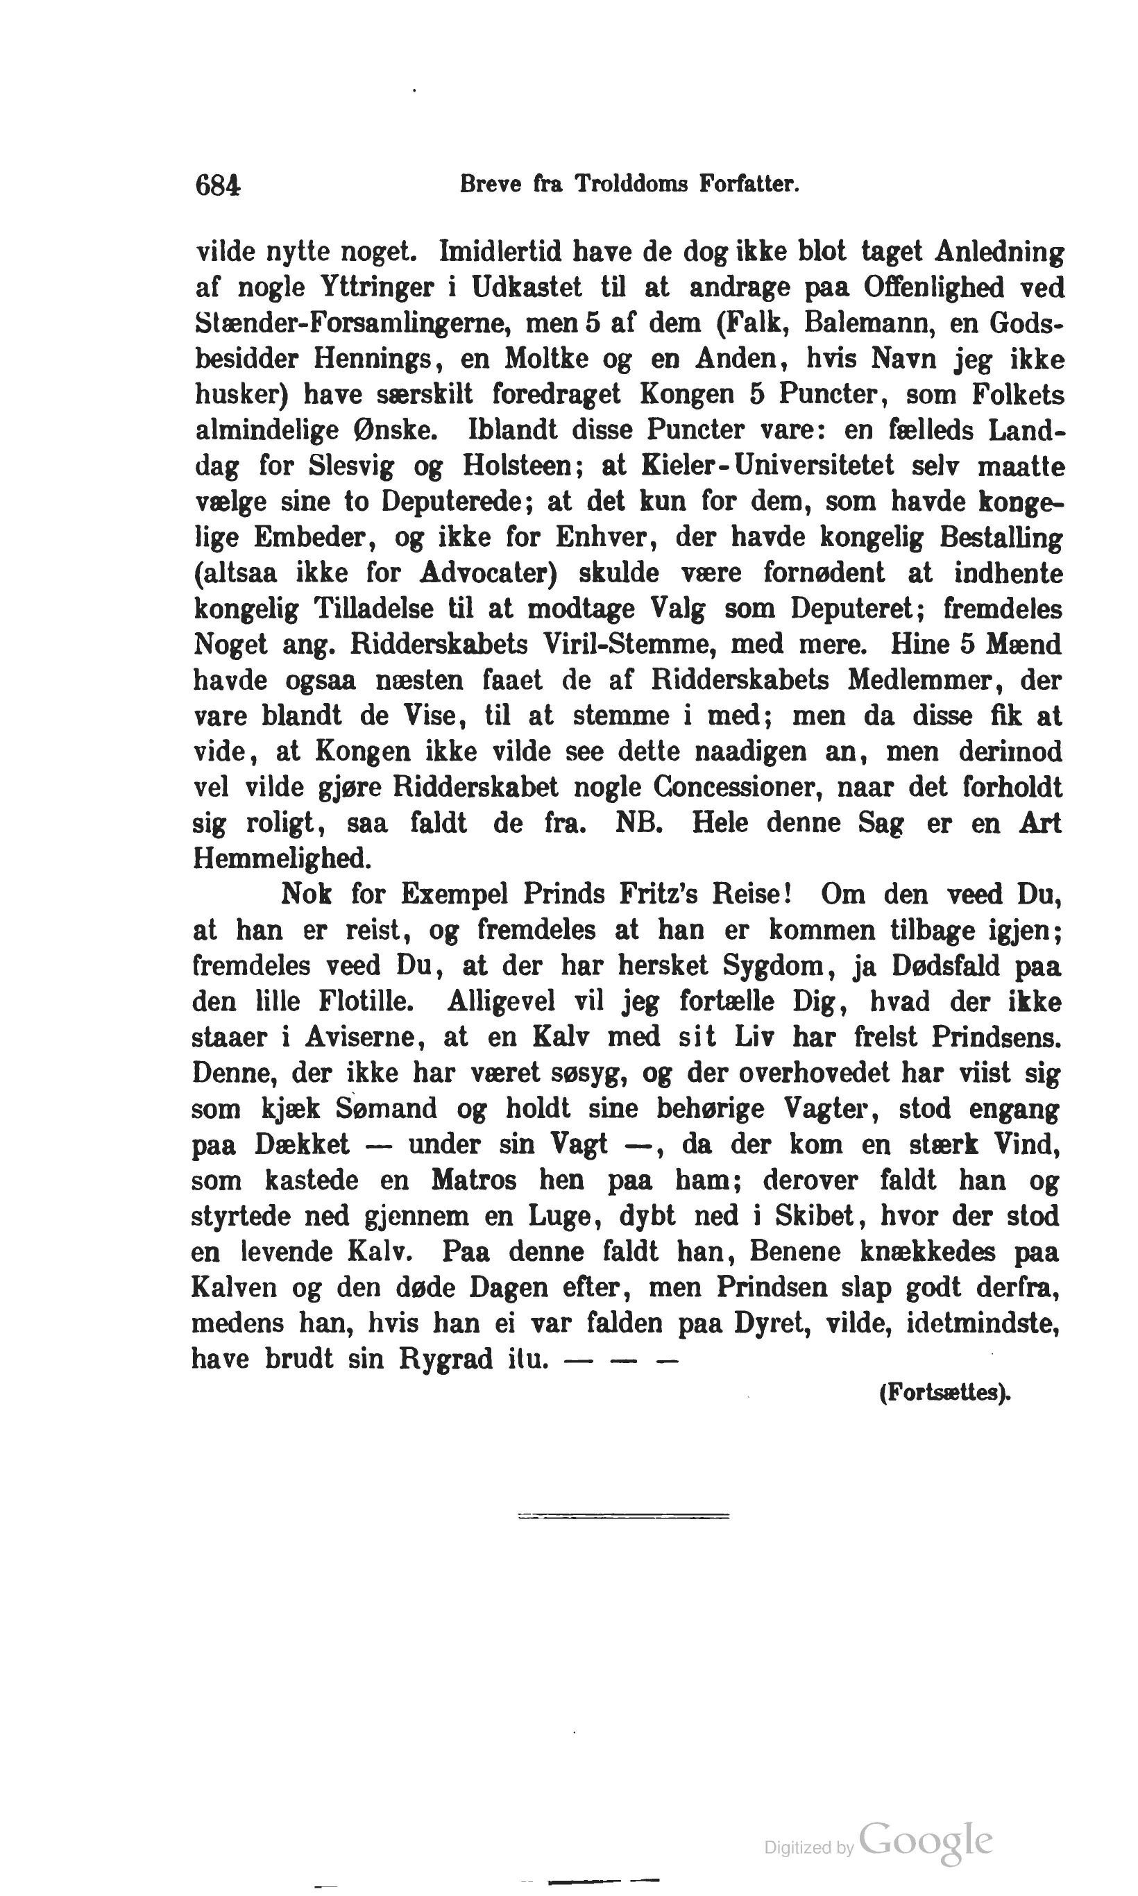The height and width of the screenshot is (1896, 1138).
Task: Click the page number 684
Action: (x=219, y=187)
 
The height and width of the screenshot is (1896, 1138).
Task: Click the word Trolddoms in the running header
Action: (x=632, y=185)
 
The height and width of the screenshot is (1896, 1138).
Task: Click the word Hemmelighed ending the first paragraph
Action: (x=282, y=858)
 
